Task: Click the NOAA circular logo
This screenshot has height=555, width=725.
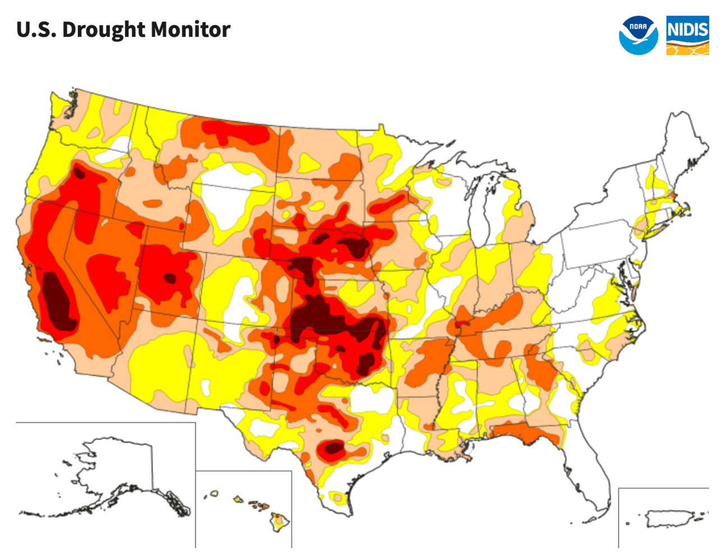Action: pyautogui.click(x=639, y=35)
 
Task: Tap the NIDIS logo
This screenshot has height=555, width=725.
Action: pyautogui.click(x=687, y=35)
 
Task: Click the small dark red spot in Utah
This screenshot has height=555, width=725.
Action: pyautogui.click(x=169, y=277)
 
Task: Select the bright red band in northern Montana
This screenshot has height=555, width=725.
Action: pyautogui.click(x=236, y=132)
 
